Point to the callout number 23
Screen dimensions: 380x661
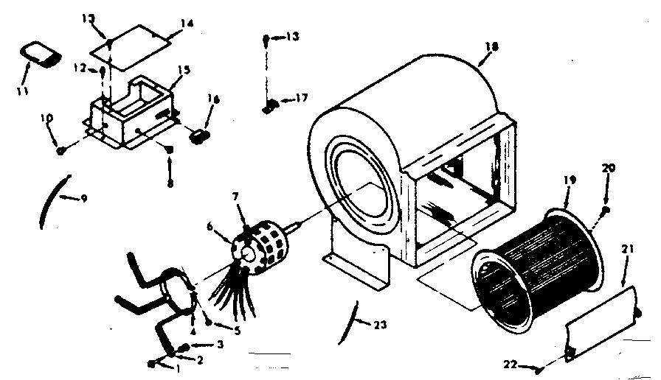point(381,323)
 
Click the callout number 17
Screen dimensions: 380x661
point(302,97)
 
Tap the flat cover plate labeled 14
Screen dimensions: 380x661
point(133,46)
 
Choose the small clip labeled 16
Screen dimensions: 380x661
point(198,135)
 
